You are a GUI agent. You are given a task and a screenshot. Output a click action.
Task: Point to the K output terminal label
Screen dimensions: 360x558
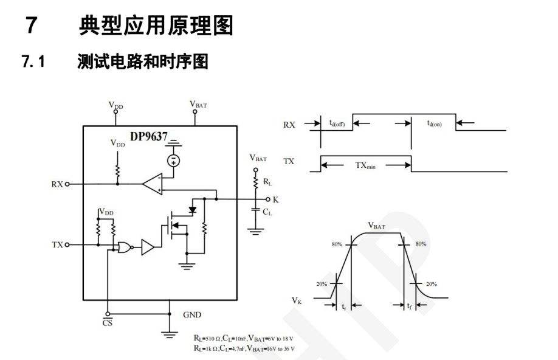coord(276,199)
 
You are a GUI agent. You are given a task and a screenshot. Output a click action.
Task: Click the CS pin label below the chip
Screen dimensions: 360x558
coord(107,323)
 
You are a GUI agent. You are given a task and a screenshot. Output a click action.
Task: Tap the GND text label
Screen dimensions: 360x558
coord(192,315)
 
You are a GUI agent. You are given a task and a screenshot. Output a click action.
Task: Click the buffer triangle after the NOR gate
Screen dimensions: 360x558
coord(148,247)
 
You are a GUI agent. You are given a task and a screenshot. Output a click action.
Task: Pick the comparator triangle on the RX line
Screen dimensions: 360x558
coord(153,182)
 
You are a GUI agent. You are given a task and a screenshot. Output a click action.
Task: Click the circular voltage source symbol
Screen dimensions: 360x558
coord(174,160)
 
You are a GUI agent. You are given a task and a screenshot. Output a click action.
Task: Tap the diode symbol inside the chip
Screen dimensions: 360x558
coord(193,210)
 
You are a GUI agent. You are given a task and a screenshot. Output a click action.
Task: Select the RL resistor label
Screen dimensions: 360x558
coord(267,182)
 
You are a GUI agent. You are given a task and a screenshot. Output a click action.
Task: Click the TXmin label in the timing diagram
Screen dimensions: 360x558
coord(365,165)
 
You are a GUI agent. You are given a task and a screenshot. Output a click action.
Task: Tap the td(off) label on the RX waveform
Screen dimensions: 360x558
coord(337,123)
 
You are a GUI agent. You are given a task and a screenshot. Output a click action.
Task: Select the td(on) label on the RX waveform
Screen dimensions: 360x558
coord(434,123)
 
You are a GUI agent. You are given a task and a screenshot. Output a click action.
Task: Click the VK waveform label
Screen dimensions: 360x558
coord(297,300)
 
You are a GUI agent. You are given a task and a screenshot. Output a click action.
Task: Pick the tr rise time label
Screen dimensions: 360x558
coord(345,307)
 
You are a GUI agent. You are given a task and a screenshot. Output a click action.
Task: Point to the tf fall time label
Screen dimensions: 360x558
coord(410,307)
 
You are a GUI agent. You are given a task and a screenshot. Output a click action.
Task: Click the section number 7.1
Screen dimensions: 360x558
coord(33,61)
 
